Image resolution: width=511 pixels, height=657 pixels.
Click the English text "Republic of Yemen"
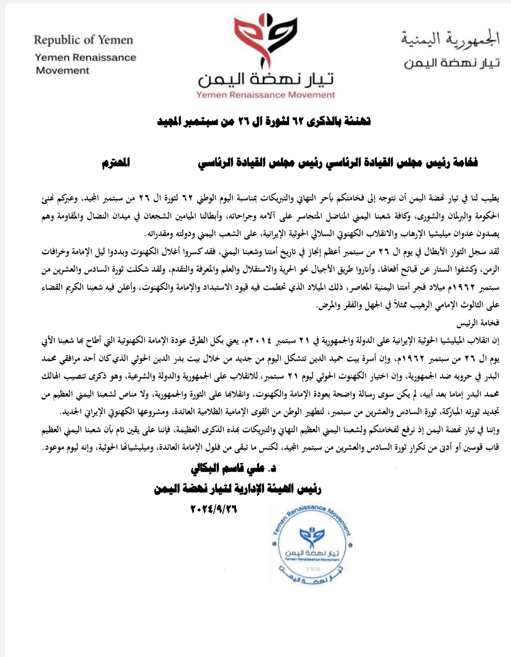pos(84,40)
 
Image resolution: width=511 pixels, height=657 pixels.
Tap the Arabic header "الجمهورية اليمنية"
pos(450,39)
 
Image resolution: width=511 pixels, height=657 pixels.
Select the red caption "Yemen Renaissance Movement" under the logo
pos(265,95)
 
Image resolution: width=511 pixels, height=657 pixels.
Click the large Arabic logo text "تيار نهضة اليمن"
pos(266,79)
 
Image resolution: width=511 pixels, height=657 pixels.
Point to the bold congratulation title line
pos(264,122)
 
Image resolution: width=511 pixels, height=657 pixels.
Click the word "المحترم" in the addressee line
pos(116,164)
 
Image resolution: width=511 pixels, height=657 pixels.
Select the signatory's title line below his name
pos(237,489)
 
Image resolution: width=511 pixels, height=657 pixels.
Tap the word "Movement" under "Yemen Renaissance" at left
pos(63,71)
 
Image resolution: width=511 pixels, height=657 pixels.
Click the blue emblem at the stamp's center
pos(312,537)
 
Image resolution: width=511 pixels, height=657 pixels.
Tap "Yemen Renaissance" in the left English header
pos(86,57)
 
